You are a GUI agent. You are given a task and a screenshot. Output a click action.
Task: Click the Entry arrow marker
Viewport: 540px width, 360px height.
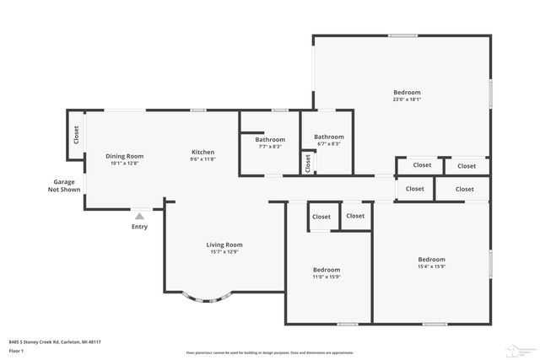[139, 216]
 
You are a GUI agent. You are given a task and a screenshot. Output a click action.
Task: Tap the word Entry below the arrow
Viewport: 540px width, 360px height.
[139, 226]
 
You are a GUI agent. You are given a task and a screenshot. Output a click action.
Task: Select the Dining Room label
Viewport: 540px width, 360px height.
[124, 155]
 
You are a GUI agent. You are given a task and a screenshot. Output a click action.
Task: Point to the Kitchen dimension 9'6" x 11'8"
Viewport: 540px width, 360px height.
[202, 159]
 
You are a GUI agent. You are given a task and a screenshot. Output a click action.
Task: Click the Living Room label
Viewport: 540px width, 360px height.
[224, 244]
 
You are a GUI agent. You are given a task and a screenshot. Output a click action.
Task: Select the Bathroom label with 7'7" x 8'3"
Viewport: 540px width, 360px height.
[270, 139]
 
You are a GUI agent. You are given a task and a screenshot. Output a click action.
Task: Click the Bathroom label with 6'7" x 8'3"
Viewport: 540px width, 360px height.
[329, 137]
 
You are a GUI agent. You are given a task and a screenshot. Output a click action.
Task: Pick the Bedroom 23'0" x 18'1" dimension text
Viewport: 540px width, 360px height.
[407, 99]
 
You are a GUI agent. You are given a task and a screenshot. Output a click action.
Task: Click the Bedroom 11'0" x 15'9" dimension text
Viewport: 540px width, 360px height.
[327, 277]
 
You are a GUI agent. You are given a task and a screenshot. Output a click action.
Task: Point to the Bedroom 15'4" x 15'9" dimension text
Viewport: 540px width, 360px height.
[431, 266]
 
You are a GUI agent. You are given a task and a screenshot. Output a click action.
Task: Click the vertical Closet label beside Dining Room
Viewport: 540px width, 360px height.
[76, 134]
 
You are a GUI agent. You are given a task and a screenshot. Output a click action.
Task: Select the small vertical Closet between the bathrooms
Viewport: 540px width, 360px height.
[308, 163]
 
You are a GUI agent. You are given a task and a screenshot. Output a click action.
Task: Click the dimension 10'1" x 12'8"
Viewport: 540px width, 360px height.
[124, 163]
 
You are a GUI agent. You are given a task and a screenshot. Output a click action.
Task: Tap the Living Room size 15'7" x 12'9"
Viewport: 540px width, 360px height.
[224, 251]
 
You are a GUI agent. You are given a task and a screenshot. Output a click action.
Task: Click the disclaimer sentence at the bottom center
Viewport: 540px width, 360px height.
[270, 352]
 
